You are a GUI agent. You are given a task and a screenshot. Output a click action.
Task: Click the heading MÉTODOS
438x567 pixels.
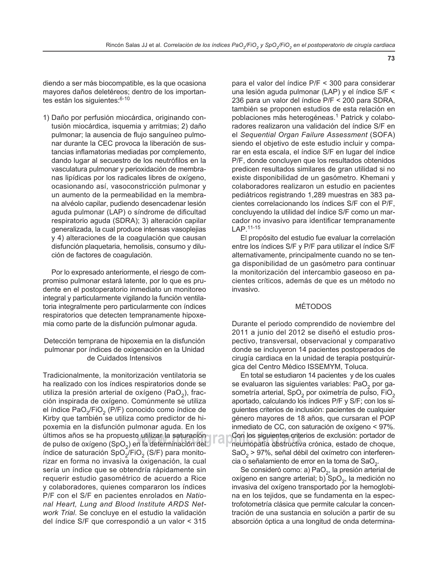click(x=313, y=307)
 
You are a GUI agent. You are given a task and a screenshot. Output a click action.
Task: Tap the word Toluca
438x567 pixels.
click(x=356, y=367)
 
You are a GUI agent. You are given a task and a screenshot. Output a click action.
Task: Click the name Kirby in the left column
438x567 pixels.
click(x=51, y=418)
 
